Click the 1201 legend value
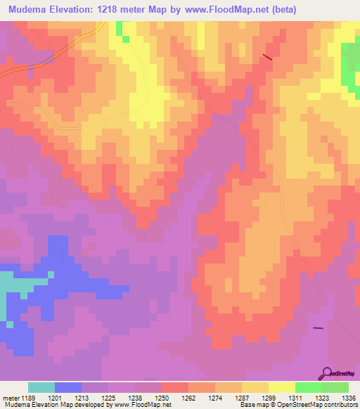pos(56,397)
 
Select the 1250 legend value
pos(162,397)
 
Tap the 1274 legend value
pos(215,397)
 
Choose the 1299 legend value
pos(269,397)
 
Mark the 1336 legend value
pos(348,397)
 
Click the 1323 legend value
pos(321,397)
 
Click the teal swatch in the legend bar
pos(41,387)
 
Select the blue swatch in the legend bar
pos(67,387)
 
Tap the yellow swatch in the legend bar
pos(281,387)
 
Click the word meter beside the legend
pos(11,397)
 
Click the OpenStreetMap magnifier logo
pos(326,373)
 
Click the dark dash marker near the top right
pos(267,56)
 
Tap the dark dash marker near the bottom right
pos(318,327)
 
